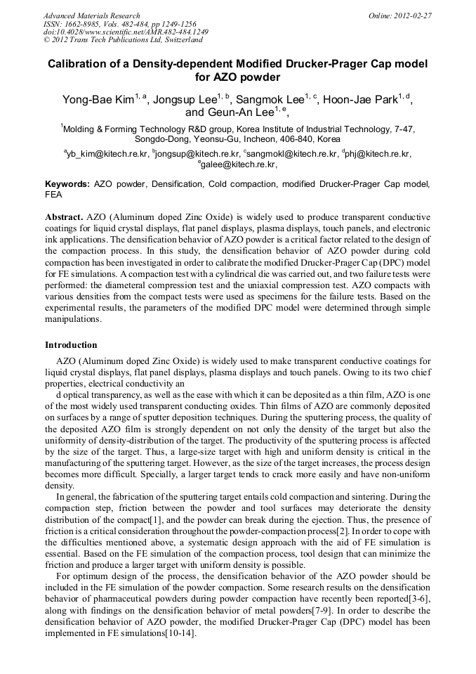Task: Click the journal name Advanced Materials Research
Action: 91,15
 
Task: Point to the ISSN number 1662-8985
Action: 88,24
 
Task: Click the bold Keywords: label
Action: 67,184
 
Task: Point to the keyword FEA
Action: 54,195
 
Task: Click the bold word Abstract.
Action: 64,217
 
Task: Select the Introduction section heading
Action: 71,345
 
